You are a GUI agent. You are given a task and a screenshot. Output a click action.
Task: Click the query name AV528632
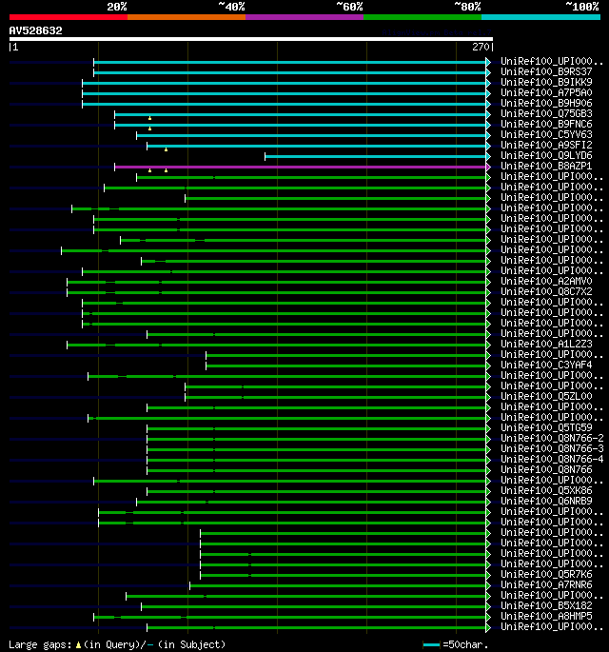[36, 30]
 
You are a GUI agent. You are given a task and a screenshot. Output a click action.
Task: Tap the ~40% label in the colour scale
[231, 6]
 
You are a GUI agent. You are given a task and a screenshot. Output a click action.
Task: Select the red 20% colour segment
[68, 16]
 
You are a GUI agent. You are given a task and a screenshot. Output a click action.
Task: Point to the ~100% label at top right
[581, 6]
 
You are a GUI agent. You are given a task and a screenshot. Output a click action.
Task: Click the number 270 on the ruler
[480, 47]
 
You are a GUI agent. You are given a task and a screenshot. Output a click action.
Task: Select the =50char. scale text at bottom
[465, 644]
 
